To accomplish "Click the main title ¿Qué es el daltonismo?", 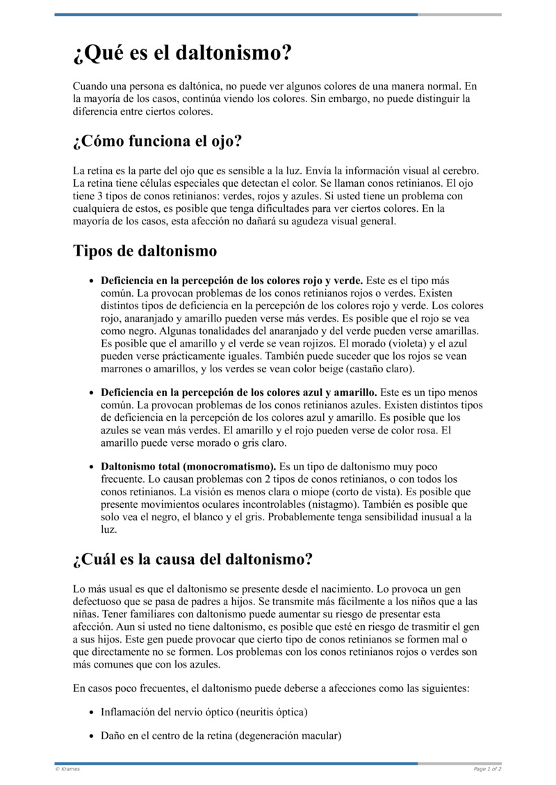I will point(182,53).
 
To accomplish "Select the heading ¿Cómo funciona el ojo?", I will point(157,142).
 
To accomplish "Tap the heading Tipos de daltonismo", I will point(145,251).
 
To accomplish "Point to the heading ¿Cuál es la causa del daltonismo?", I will point(193,559).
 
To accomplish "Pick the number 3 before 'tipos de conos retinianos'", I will point(95,196).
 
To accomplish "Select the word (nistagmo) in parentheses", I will point(307,504).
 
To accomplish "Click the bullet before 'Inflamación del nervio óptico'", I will point(92,713).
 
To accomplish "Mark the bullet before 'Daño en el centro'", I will point(92,736).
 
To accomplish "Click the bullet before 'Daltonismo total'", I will point(92,468).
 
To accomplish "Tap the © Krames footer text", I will point(67,769).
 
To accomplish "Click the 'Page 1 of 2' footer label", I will point(487,769).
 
